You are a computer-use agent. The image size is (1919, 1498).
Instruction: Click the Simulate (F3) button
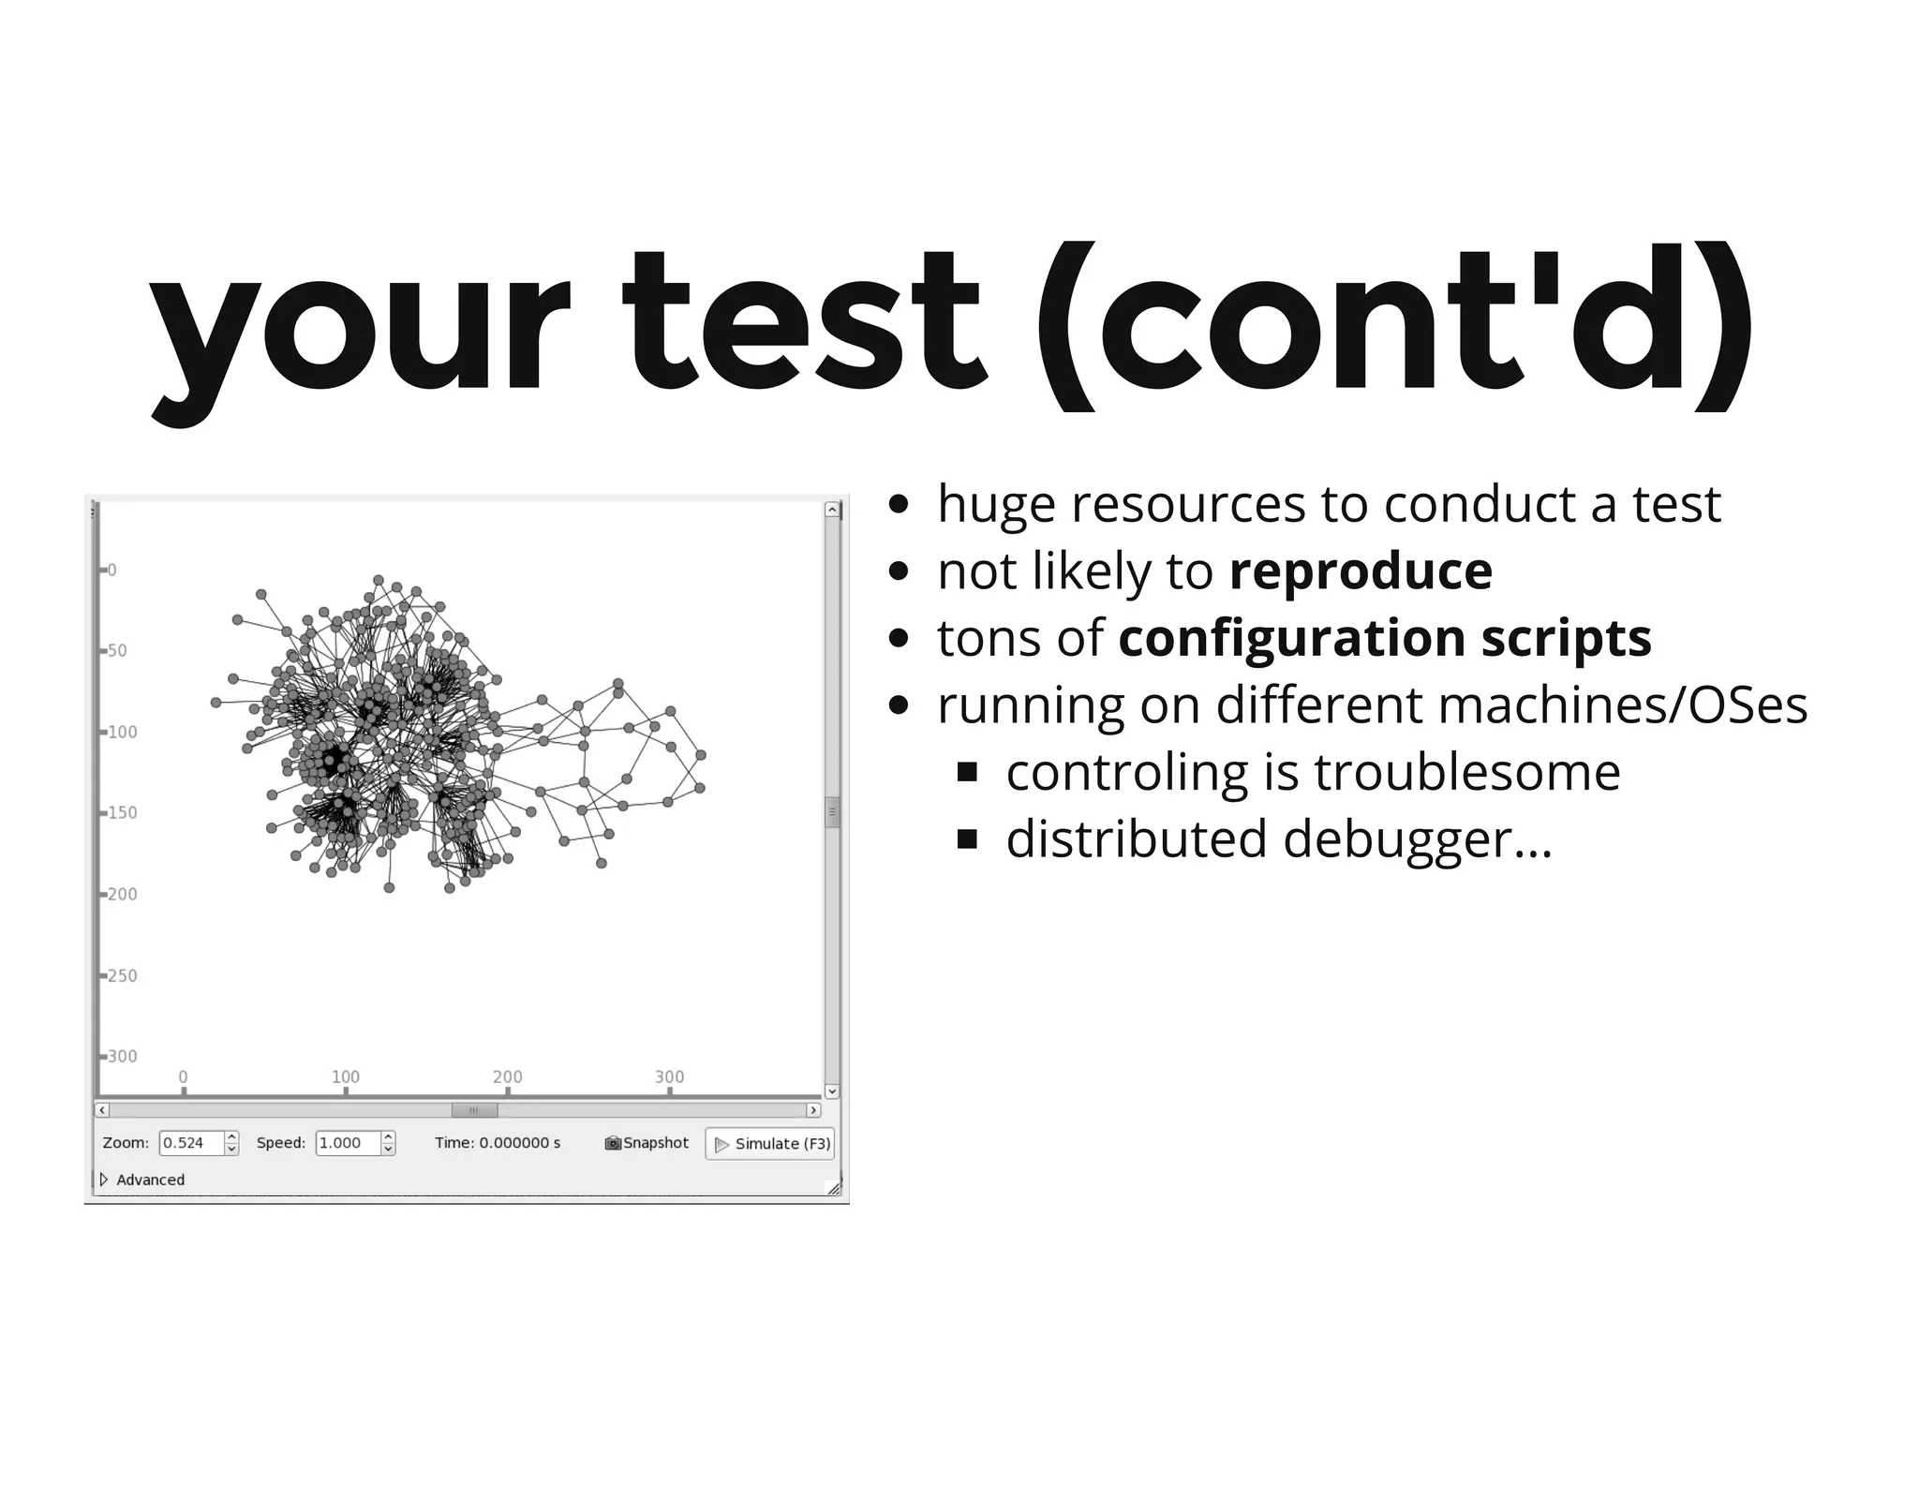[770, 1144]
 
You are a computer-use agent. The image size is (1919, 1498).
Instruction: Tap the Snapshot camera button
[647, 1143]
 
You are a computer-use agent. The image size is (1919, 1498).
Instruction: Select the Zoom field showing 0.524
[191, 1143]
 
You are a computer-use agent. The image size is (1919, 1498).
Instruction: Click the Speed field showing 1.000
[348, 1143]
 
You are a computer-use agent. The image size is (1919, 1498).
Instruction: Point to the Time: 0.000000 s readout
[498, 1143]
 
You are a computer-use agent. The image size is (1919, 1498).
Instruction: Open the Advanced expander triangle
[104, 1179]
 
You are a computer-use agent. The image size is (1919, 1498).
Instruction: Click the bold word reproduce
[1361, 571]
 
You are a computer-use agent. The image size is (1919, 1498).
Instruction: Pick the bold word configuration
[1292, 639]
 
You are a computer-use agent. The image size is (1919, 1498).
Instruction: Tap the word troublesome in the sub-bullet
[1466, 773]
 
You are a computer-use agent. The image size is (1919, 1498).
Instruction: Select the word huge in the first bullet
[995, 506]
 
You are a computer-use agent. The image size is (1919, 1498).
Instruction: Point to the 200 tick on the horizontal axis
[508, 1077]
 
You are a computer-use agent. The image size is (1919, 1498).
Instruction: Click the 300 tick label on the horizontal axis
[669, 1077]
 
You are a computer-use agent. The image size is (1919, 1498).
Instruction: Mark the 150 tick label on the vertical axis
[122, 813]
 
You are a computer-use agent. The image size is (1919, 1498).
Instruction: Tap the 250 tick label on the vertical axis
[122, 976]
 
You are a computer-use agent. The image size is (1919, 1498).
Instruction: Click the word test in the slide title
[803, 323]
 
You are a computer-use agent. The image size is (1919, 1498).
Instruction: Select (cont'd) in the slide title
[1394, 323]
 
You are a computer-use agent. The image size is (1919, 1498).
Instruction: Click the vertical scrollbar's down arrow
[832, 1091]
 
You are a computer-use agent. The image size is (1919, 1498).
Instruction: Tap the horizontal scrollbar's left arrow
[103, 1110]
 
